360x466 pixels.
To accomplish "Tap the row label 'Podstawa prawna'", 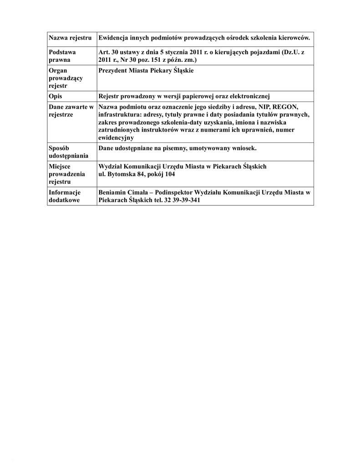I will (62, 56).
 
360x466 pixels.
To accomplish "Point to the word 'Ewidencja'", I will (113, 37).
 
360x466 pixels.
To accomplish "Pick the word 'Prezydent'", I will (114, 71).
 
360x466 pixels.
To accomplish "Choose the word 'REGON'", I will (285, 107).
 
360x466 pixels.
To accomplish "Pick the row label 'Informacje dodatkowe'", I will (65, 196).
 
